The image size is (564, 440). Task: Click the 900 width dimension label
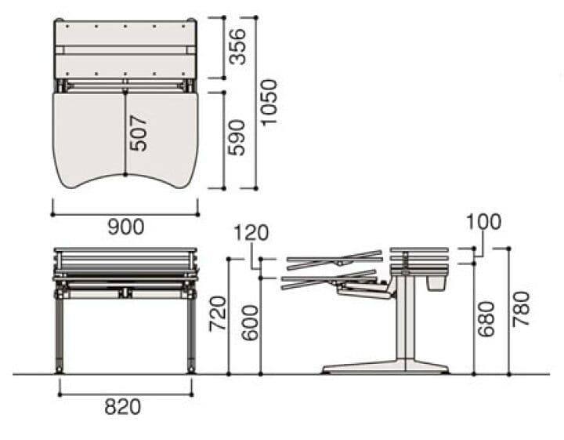126,227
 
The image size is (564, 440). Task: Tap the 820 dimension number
123,407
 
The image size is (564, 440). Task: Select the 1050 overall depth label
269,102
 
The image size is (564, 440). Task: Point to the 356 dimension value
237,46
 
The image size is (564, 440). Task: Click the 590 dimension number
237,137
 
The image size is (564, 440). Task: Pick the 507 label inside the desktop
139,133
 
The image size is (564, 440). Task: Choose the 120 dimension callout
251,233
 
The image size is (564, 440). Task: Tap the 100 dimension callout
483,222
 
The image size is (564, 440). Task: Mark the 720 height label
219,313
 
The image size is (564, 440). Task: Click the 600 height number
250,323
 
